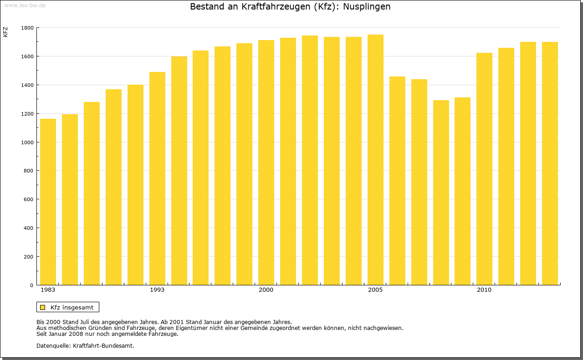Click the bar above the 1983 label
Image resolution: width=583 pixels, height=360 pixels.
48,202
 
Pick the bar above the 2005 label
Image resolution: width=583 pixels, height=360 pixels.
375,160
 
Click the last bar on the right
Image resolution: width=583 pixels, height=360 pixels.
550,163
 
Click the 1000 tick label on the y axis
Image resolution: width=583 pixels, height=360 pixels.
27,142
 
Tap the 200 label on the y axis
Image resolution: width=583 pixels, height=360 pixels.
29,257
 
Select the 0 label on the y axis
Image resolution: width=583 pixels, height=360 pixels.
32,285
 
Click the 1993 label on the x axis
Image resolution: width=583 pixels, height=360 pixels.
157,290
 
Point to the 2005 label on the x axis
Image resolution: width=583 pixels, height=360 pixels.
375,290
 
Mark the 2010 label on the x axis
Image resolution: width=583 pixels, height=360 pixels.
484,290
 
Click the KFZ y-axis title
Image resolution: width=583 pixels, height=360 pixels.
5,32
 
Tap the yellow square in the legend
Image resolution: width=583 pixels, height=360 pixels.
42,307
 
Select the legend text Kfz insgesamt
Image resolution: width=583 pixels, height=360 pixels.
72,307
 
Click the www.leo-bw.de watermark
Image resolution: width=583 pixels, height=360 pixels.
24,5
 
